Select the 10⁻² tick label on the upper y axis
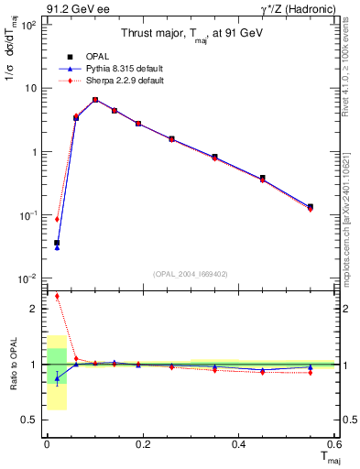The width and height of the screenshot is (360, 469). point(27,278)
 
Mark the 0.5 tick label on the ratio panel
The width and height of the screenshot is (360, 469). point(29,420)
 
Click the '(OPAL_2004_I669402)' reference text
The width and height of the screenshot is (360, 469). point(191,272)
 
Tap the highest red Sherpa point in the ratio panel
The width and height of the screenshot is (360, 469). point(56,296)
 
